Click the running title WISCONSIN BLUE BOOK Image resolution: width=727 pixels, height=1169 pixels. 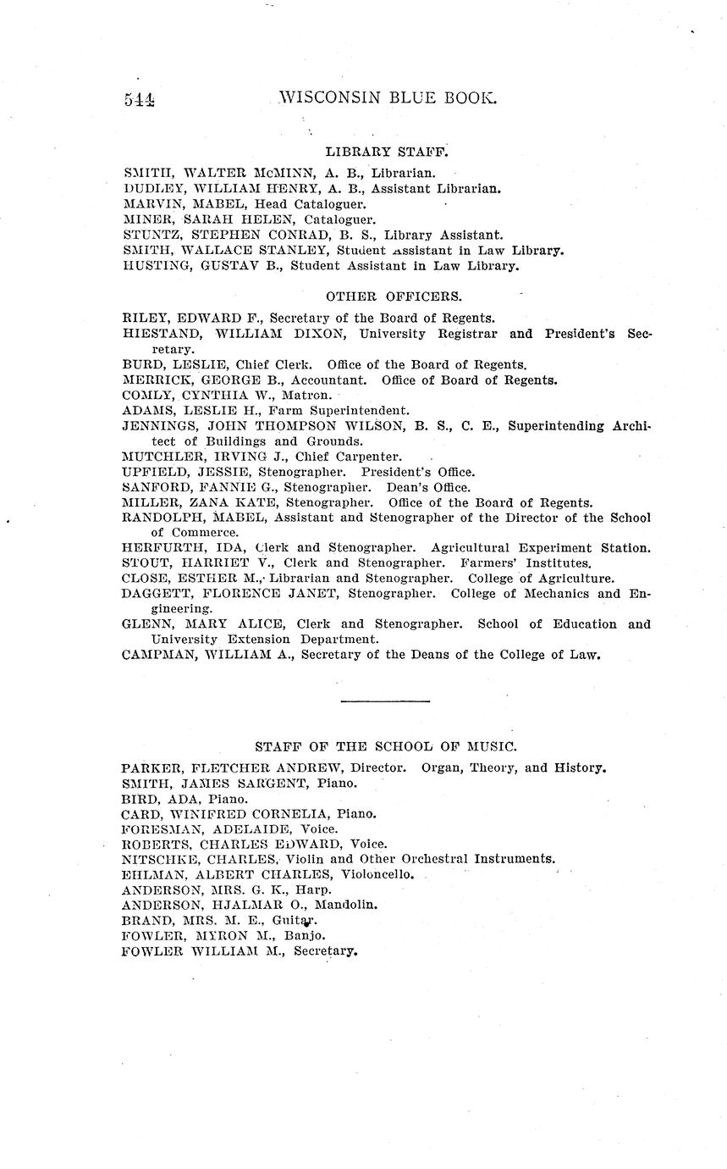pos(387,97)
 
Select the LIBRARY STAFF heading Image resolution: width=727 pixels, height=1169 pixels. pos(386,152)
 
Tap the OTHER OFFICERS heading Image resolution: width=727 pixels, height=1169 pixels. pos(394,296)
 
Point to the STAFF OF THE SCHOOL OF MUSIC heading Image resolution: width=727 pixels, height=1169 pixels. pos(386,746)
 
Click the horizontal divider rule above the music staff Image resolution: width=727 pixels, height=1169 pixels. pos(385,701)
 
